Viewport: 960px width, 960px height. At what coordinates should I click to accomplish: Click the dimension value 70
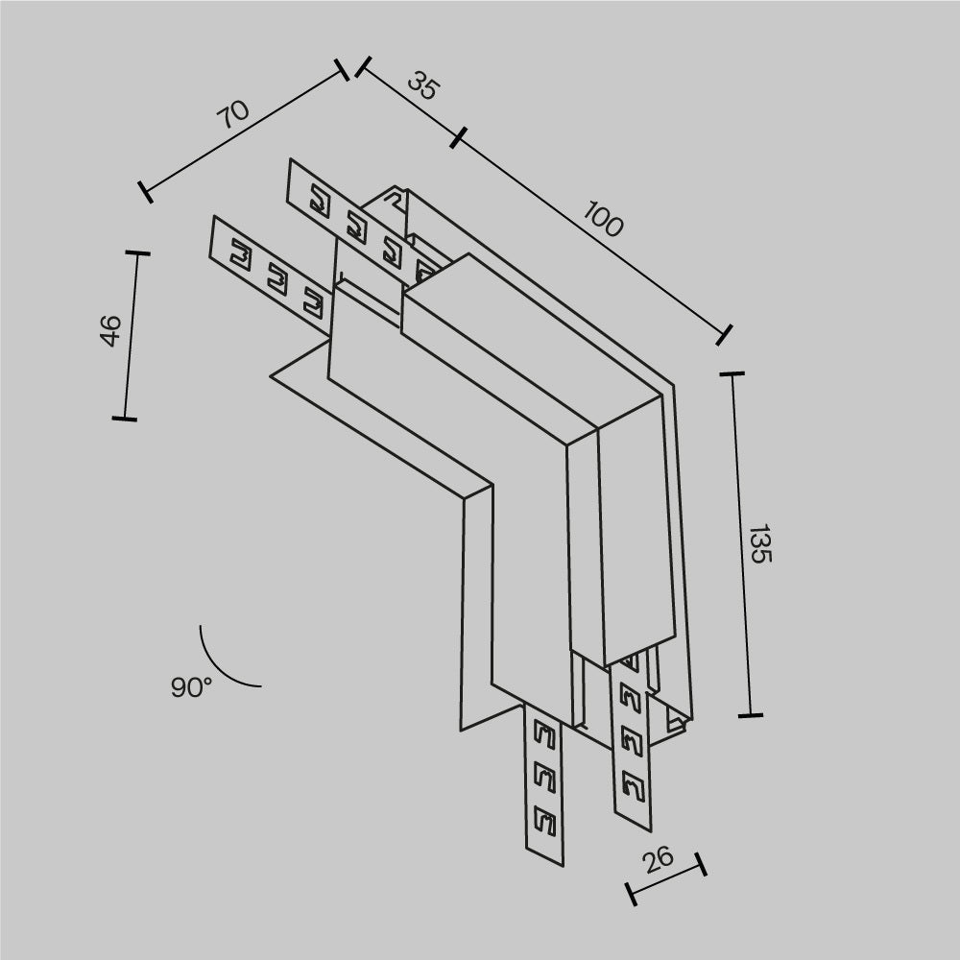point(233,114)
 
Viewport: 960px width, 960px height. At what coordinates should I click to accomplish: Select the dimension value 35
point(421,86)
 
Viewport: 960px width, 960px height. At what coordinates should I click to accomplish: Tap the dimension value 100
point(603,223)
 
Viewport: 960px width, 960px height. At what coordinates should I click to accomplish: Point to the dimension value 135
point(758,543)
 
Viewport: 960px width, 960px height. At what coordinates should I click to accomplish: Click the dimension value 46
point(111,330)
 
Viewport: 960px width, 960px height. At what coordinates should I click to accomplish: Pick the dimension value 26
point(659,859)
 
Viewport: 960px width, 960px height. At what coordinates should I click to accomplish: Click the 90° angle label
point(191,687)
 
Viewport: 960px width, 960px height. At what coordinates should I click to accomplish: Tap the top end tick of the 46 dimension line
point(137,253)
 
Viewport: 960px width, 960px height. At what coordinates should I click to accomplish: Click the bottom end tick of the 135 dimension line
point(750,715)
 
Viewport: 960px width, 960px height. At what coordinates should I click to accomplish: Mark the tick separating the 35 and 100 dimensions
point(458,137)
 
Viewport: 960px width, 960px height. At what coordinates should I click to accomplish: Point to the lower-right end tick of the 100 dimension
point(725,334)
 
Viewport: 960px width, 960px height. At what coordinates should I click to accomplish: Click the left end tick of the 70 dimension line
point(145,192)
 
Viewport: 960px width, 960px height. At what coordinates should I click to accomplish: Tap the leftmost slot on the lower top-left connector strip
point(239,256)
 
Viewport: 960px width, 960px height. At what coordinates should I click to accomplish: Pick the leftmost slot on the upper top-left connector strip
point(319,203)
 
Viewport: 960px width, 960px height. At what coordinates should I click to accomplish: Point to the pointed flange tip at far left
point(272,377)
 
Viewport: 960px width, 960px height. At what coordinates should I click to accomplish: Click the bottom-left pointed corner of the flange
point(461,730)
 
